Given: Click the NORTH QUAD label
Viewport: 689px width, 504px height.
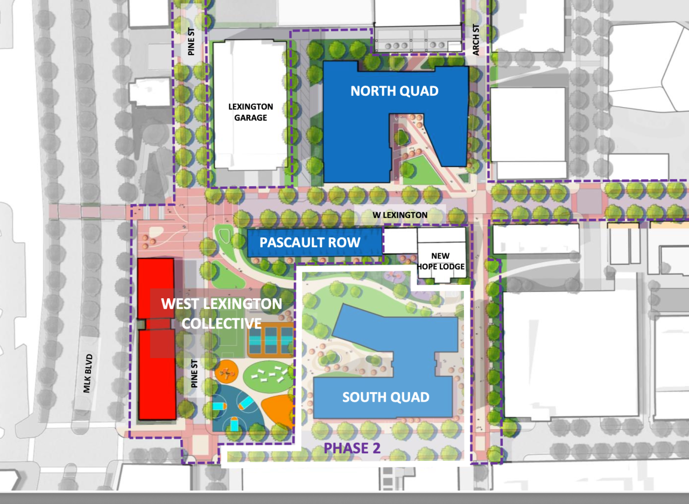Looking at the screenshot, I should tap(394, 91).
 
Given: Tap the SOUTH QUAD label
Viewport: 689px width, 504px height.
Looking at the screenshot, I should tap(385, 397).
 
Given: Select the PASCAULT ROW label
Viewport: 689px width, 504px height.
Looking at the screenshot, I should tap(310, 242).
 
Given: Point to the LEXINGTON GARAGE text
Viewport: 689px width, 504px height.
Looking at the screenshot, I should tap(250, 112).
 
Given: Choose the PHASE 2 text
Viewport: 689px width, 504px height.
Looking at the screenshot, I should tap(352, 448).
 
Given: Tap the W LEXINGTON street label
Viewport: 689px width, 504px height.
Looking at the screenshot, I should tap(400, 215).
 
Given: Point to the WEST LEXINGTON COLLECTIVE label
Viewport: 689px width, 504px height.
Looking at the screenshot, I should tap(222, 313).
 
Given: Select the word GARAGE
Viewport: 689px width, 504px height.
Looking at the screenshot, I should tap(250, 118).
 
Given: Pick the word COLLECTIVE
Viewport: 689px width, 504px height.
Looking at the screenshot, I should tap(222, 324).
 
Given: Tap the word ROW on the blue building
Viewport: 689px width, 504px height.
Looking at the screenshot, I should tap(346, 242).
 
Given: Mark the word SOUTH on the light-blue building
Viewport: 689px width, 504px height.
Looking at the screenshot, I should tap(362, 397).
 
